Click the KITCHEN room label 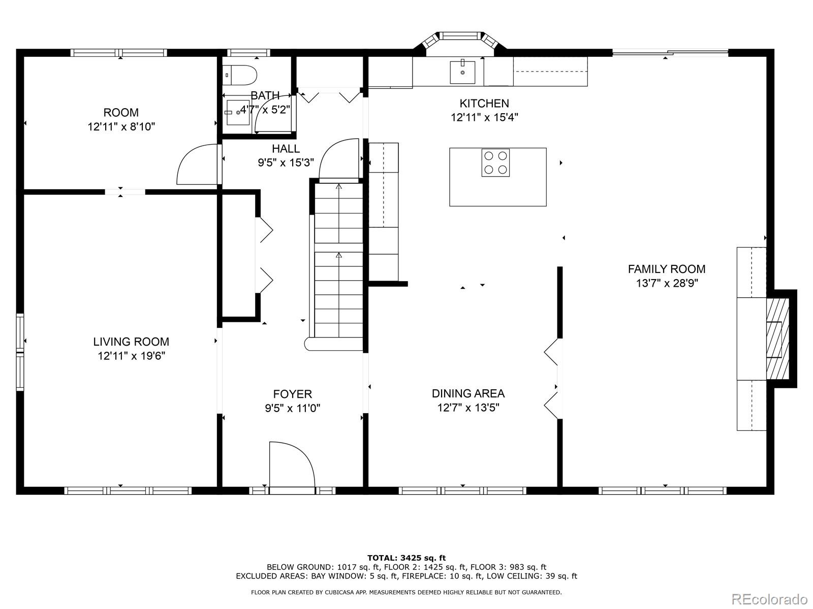coord(484,103)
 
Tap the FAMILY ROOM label coord(666,269)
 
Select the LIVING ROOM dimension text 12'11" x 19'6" coord(132,356)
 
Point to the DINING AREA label coord(468,393)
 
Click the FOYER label coord(293,394)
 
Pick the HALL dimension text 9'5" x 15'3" coord(286,162)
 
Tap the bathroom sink coord(237,112)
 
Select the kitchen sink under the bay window coord(462,72)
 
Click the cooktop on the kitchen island coord(495,163)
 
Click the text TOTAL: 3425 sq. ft coord(407,558)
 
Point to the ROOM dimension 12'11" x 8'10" coord(121,127)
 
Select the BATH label coord(265,95)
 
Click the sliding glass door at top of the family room coord(670,53)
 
